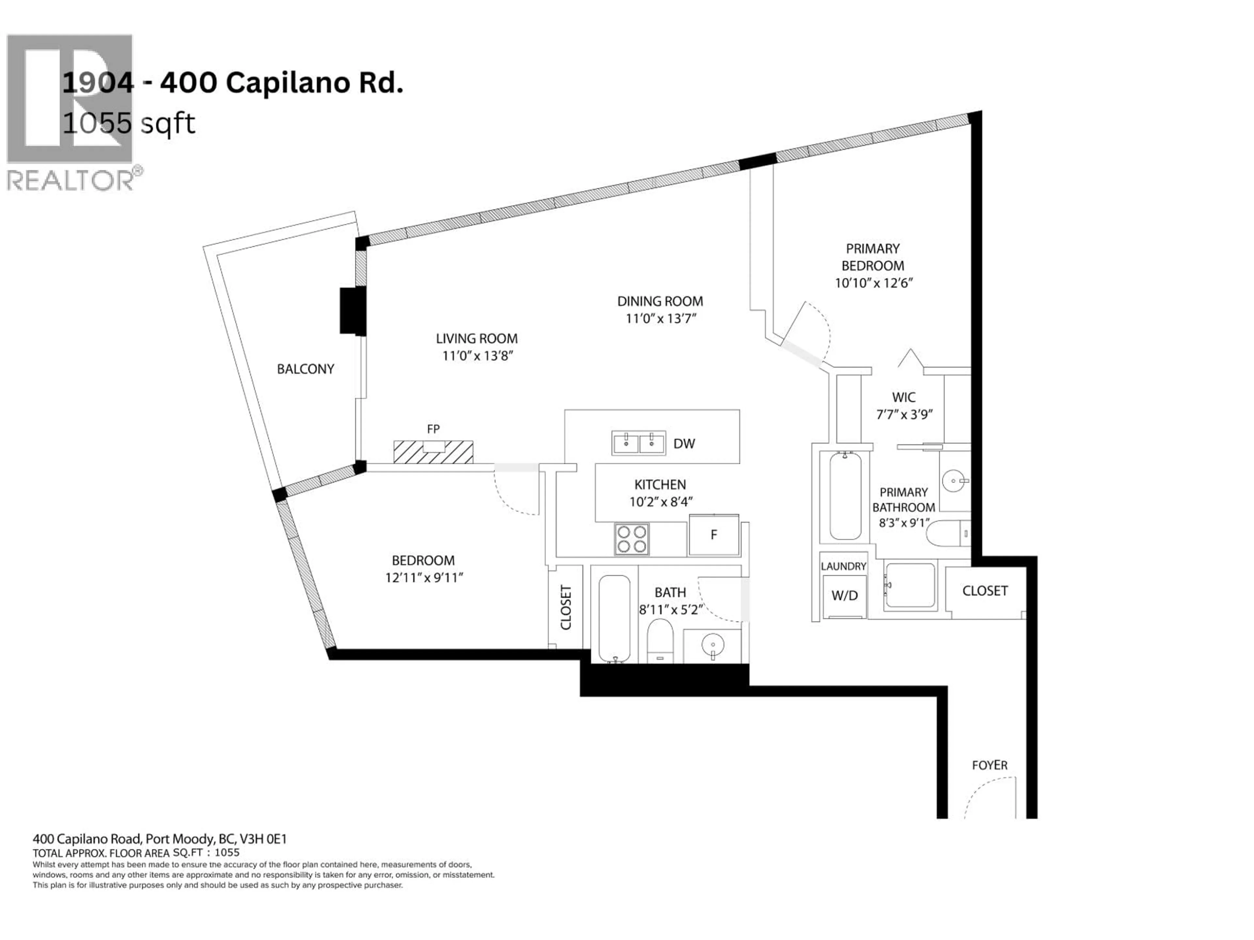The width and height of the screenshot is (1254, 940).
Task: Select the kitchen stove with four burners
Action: [x=632, y=539]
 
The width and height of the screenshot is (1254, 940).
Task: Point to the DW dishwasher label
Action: [x=684, y=444]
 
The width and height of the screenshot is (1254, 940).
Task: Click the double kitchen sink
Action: [x=638, y=443]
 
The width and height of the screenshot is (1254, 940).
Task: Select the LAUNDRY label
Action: [x=843, y=566]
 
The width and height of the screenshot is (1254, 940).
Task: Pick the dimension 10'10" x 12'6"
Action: [x=873, y=283]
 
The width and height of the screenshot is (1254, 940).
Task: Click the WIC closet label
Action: [x=904, y=397]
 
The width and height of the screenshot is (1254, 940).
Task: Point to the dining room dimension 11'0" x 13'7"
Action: [x=660, y=319]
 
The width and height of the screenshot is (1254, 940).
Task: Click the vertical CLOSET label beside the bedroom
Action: [x=566, y=607]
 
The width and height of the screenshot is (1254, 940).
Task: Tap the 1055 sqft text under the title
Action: [x=129, y=123]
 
